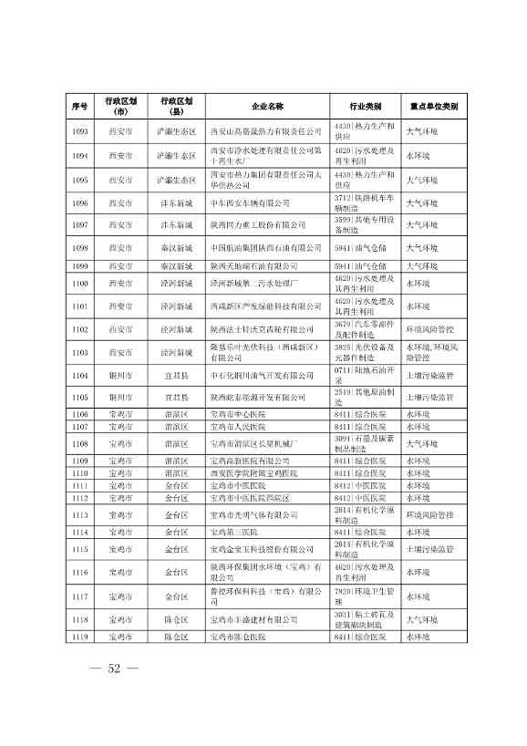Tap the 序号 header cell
[x=79, y=106]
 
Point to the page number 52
[x=114, y=668]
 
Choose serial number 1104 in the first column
[x=79, y=375]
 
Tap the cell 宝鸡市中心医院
[x=238, y=415]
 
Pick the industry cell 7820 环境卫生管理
[x=365, y=596]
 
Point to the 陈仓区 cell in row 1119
[x=175, y=637]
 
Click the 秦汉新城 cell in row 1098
[x=175, y=247]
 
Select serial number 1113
[x=79, y=514]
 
